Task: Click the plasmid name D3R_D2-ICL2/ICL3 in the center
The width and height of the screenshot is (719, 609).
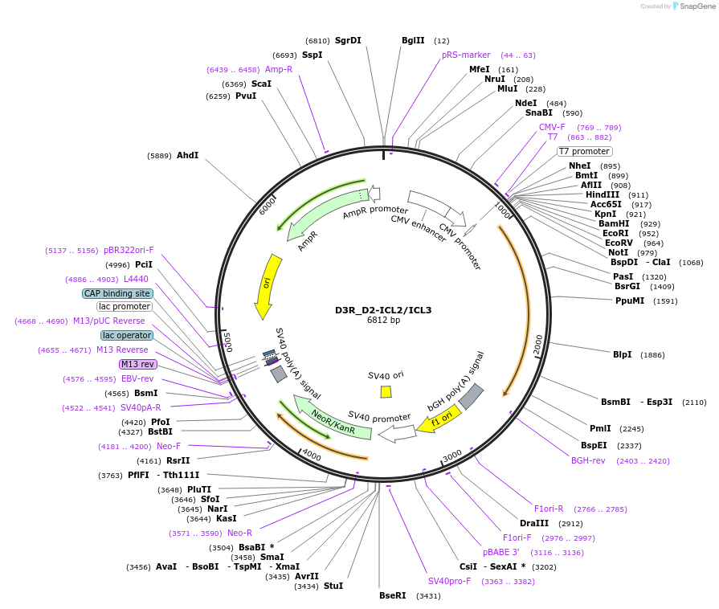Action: click(383, 310)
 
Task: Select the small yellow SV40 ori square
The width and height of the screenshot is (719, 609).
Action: click(386, 391)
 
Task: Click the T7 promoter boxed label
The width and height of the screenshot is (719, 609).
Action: click(585, 151)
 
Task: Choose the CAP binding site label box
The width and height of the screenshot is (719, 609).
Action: click(117, 293)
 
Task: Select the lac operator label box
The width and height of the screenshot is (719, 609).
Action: click(127, 335)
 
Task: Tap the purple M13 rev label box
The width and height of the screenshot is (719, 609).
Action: click(138, 364)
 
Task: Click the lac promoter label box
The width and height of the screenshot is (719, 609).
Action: click(125, 306)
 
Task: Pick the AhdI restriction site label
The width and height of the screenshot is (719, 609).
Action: click(187, 155)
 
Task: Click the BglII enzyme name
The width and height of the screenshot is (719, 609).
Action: click(413, 40)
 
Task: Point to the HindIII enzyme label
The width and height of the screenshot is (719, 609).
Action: click(603, 194)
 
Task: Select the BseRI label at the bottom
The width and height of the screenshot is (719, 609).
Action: click(393, 595)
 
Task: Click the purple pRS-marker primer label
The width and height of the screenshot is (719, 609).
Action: click(466, 55)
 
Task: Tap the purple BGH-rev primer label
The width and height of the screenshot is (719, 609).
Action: click(588, 460)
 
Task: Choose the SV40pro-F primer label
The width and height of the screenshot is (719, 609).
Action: click(449, 581)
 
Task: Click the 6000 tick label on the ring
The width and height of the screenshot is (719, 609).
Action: click(268, 206)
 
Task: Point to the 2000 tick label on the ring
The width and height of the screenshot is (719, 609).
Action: click(538, 345)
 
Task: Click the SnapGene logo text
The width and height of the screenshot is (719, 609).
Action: click(697, 6)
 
